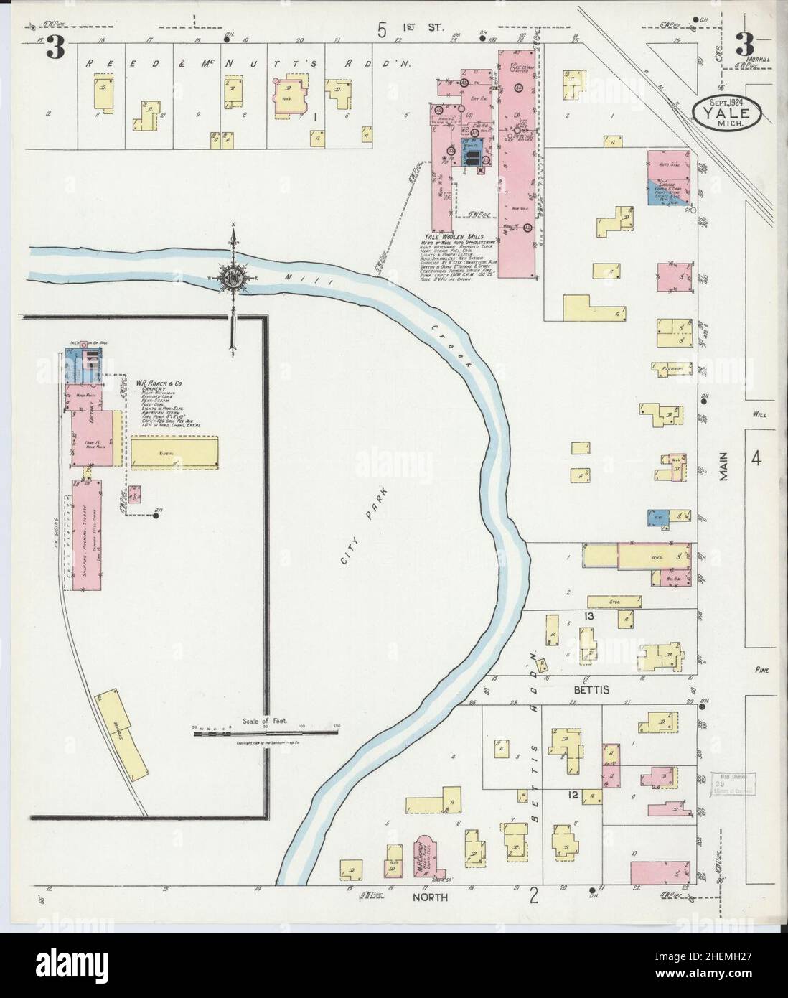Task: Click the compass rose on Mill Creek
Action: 234,276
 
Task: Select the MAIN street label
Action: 726,469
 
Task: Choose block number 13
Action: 589,616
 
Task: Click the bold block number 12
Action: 573,795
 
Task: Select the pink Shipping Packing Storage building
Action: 86,535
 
